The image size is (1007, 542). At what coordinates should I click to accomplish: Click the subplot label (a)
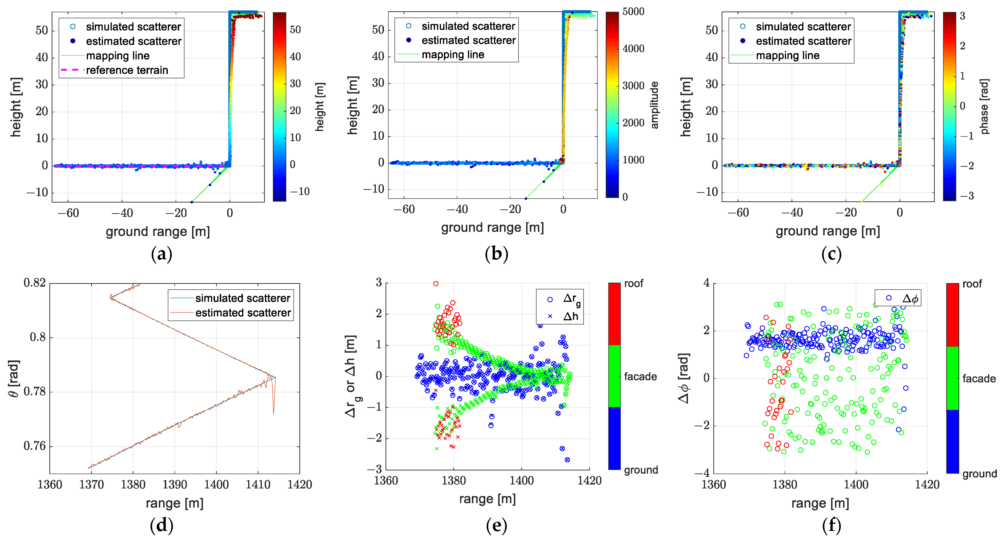[x=161, y=254]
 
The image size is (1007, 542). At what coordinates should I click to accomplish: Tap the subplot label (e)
[x=497, y=526]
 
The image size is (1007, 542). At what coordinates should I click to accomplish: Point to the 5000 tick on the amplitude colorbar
[x=633, y=12]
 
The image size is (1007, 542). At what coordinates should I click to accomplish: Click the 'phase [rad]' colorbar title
[x=984, y=106]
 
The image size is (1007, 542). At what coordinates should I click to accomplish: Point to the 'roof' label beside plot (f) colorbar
[x=972, y=284]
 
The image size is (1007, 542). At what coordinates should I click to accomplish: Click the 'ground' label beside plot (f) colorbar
[x=979, y=474]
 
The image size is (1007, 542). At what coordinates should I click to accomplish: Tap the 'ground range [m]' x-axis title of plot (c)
[x=828, y=231]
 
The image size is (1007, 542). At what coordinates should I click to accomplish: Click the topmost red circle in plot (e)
[x=436, y=284]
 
